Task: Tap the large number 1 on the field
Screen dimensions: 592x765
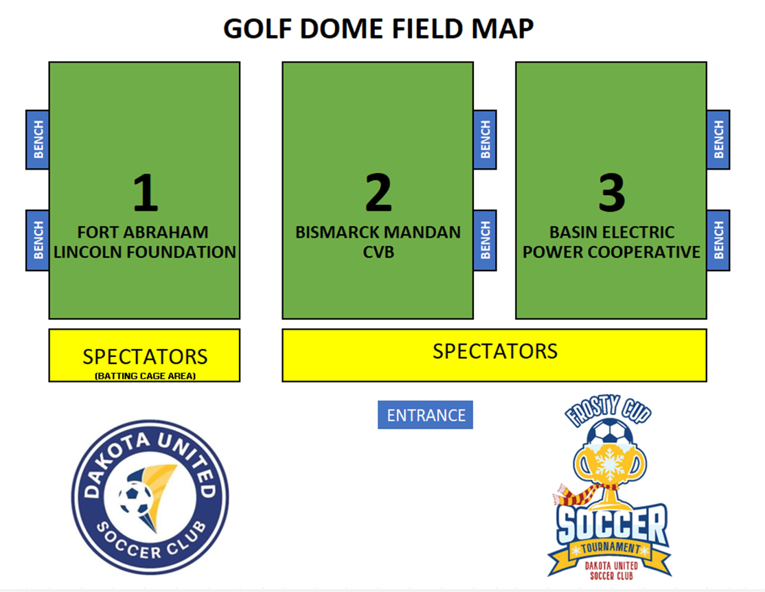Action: pos(145,193)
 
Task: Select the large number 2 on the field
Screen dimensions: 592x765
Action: pos(378,193)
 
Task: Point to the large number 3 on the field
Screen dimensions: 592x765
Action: pos(612,193)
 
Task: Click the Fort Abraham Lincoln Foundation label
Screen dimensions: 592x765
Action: pos(144,242)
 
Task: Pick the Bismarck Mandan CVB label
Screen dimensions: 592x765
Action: pos(378,242)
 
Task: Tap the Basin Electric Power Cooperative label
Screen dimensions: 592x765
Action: pos(612,242)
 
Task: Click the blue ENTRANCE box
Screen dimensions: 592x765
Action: pos(426,415)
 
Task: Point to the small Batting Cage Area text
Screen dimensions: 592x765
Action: pos(145,376)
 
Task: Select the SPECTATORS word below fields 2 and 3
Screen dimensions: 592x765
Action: pos(494,351)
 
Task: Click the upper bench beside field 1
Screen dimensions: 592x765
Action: pos(38,139)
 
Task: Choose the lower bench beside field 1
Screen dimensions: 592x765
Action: pos(38,240)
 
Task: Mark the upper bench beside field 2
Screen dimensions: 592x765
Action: pos(485,139)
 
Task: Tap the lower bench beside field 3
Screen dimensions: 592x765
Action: pos(718,240)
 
